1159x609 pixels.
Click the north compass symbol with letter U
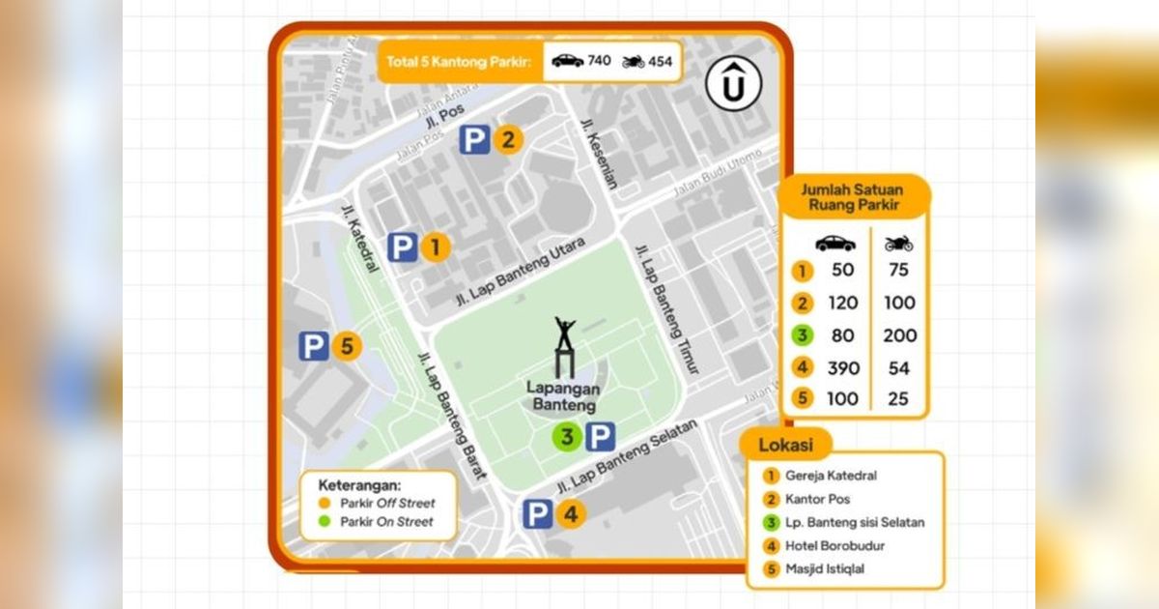click(x=733, y=84)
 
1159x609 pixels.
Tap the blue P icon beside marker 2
click(x=473, y=141)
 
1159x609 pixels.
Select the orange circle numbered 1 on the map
click(x=435, y=248)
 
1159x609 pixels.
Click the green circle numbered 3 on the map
click(x=567, y=438)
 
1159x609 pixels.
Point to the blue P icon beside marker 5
click(x=313, y=346)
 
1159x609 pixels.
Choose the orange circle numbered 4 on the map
click(x=570, y=514)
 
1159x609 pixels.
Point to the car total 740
click(x=599, y=61)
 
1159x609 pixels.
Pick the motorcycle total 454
click(x=661, y=61)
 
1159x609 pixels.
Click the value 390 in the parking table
click(x=842, y=368)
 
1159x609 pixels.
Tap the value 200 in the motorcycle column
click(x=899, y=335)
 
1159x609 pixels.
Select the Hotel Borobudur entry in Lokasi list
click(x=834, y=546)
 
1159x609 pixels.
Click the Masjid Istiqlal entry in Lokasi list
click(x=825, y=569)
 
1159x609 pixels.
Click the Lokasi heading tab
click(x=785, y=446)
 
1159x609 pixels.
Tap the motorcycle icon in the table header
click(x=898, y=244)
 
